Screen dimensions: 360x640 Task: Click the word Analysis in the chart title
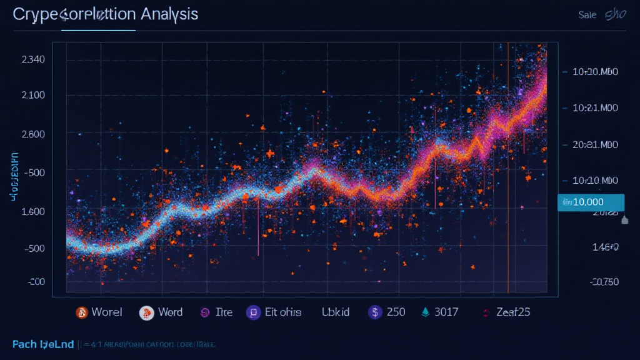[170, 14]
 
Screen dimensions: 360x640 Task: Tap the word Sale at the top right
[587, 15]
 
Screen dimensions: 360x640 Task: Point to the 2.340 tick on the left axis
[32, 60]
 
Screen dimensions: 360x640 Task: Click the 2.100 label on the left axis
[32, 95]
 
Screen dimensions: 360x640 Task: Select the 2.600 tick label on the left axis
[32, 134]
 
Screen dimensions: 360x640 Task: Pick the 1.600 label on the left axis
[32, 211]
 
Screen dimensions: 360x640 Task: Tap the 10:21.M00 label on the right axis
[595, 107]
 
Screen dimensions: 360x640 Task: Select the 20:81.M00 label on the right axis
[595, 145]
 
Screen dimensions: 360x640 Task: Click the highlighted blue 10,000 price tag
[591, 202]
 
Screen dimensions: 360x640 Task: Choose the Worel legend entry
[106, 312]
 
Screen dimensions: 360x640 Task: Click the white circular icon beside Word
[146, 312]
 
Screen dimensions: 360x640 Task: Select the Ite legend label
[223, 312]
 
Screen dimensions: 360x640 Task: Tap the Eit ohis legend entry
[282, 312]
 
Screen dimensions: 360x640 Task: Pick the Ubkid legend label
[336, 312]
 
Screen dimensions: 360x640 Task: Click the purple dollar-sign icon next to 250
[375, 312]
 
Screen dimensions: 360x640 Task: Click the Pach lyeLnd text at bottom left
[42, 344]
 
